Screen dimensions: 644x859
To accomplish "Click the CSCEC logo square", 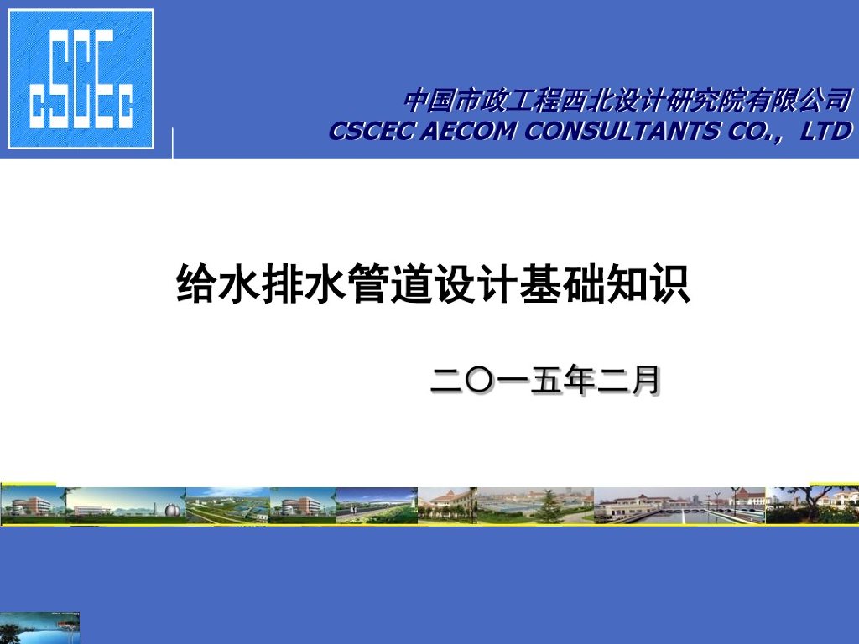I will [81, 79].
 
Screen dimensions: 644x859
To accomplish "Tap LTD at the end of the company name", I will [825, 131].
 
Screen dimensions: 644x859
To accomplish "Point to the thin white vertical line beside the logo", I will [173, 143].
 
